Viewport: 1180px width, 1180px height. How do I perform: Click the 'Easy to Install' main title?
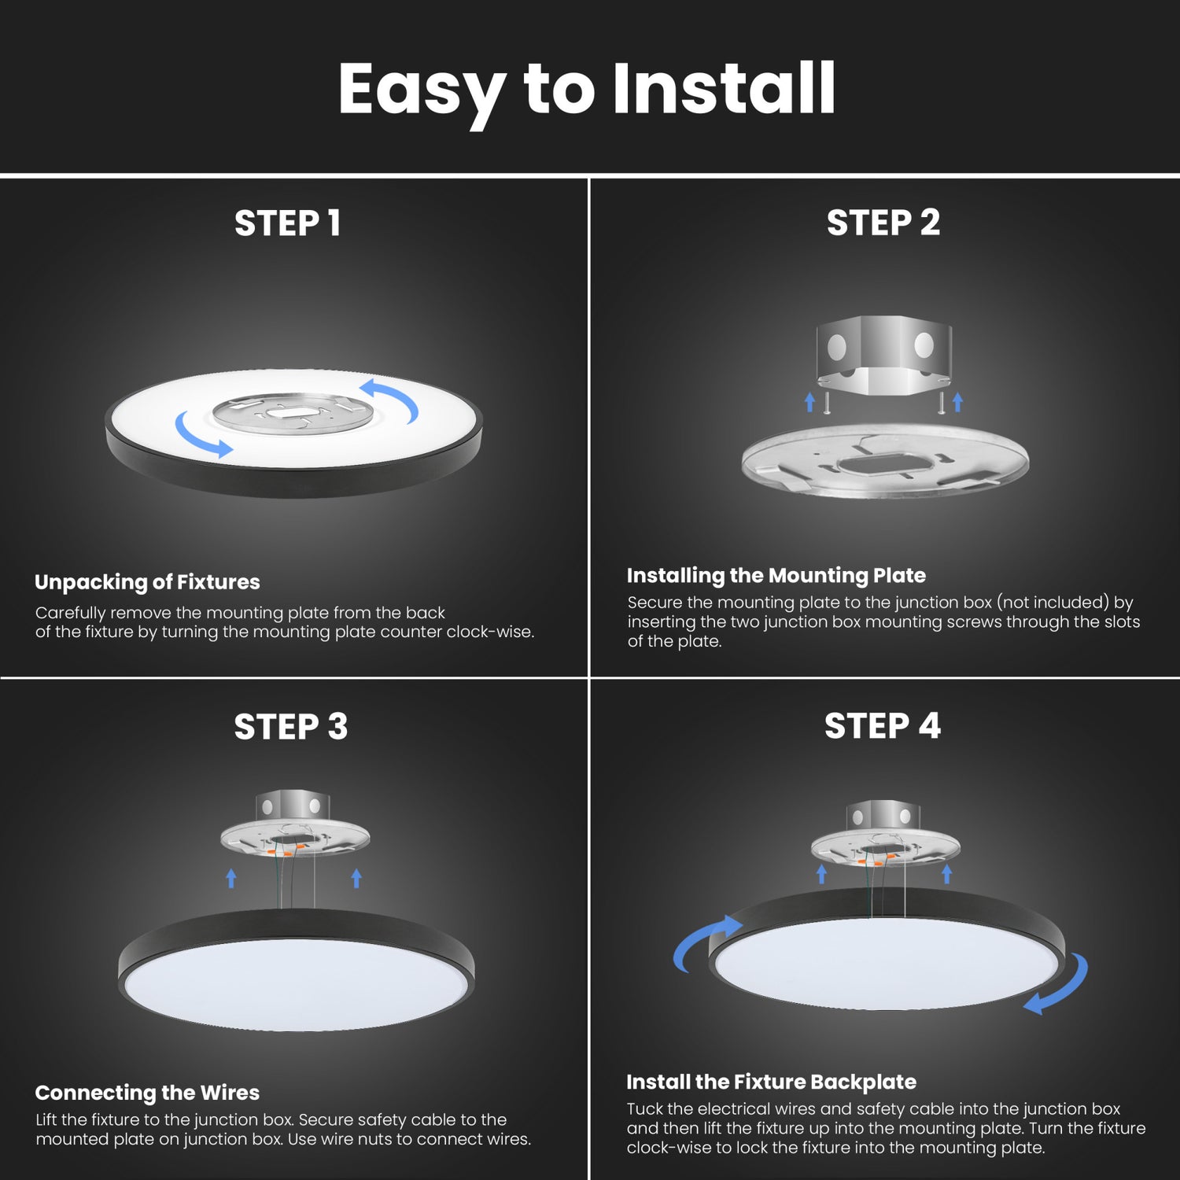click(x=587, y=90)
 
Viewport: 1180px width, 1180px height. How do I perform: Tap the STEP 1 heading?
click(x=288, y=223)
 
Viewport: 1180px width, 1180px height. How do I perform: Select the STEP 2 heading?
click(x=883, y=223)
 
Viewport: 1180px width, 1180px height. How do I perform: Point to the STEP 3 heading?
click(x=290, y=727)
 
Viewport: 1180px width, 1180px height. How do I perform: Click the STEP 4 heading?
click(x=882, y=726)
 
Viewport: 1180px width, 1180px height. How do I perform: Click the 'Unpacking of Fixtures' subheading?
click(x=147, y=582)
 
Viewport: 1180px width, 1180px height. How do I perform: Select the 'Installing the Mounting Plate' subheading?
click(x=776, y=576)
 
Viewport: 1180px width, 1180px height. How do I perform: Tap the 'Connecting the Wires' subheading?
click(x=147, y=1093)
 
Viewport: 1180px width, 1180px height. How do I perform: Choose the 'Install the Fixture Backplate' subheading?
click(x=771, y=1082)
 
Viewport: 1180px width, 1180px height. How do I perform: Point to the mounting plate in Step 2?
click(x=885, y=464)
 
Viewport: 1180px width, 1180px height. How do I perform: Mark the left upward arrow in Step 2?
click(x=810, y=403)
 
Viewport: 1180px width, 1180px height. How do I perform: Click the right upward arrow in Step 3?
click(x=356, y=878)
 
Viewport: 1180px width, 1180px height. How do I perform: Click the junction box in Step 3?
click(x=292, y=806)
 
